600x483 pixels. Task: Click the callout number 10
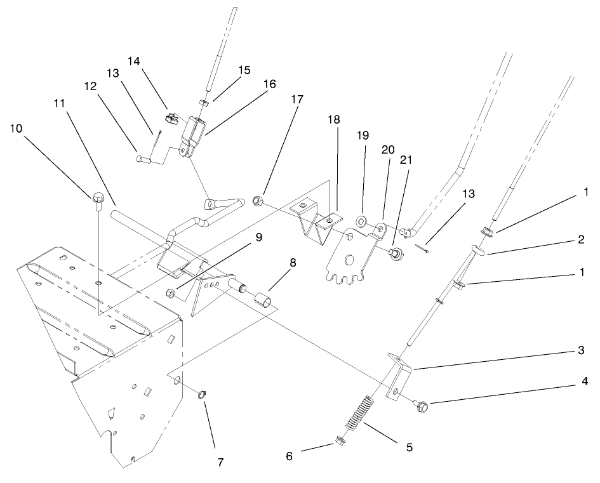coord(17,129)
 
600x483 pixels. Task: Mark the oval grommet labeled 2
coord(479,249)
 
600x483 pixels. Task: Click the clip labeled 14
coord(171,117)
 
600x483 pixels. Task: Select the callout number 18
coord(334,119)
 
